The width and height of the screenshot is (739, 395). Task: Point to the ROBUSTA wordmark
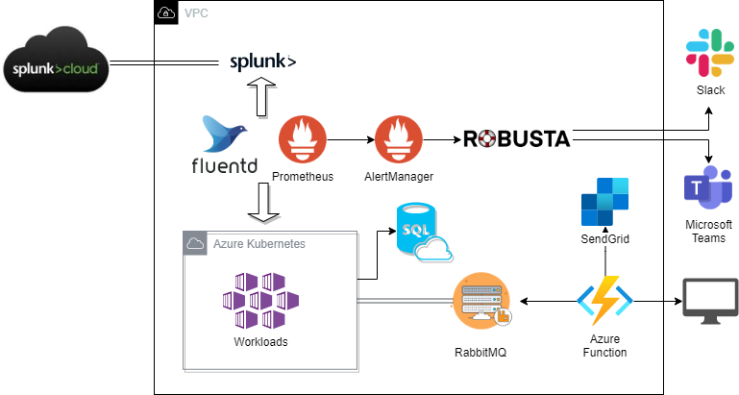click(x=517, y=139)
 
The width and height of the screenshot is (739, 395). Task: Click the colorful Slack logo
click(x=710, y=53)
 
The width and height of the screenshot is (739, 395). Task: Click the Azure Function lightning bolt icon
click(x=604, y=302)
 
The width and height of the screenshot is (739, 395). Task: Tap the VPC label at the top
click(x=195, y=12)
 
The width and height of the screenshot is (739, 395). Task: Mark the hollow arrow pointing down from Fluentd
click(x=263, y=202)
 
